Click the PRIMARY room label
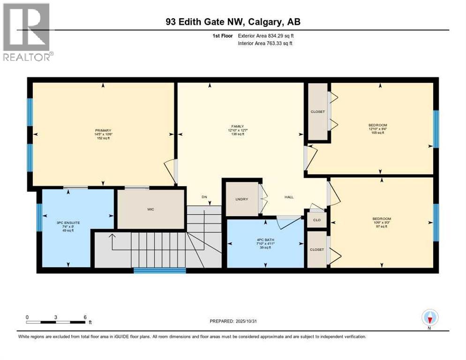coord(103,130)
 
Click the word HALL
coord(289,197)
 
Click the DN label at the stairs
coord(204,197)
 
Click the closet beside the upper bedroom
coord(317,112)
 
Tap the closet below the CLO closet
coord(317,250)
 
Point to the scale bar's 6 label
coord(85,317)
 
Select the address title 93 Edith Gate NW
coord(232,22)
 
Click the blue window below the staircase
coord(159,270)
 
